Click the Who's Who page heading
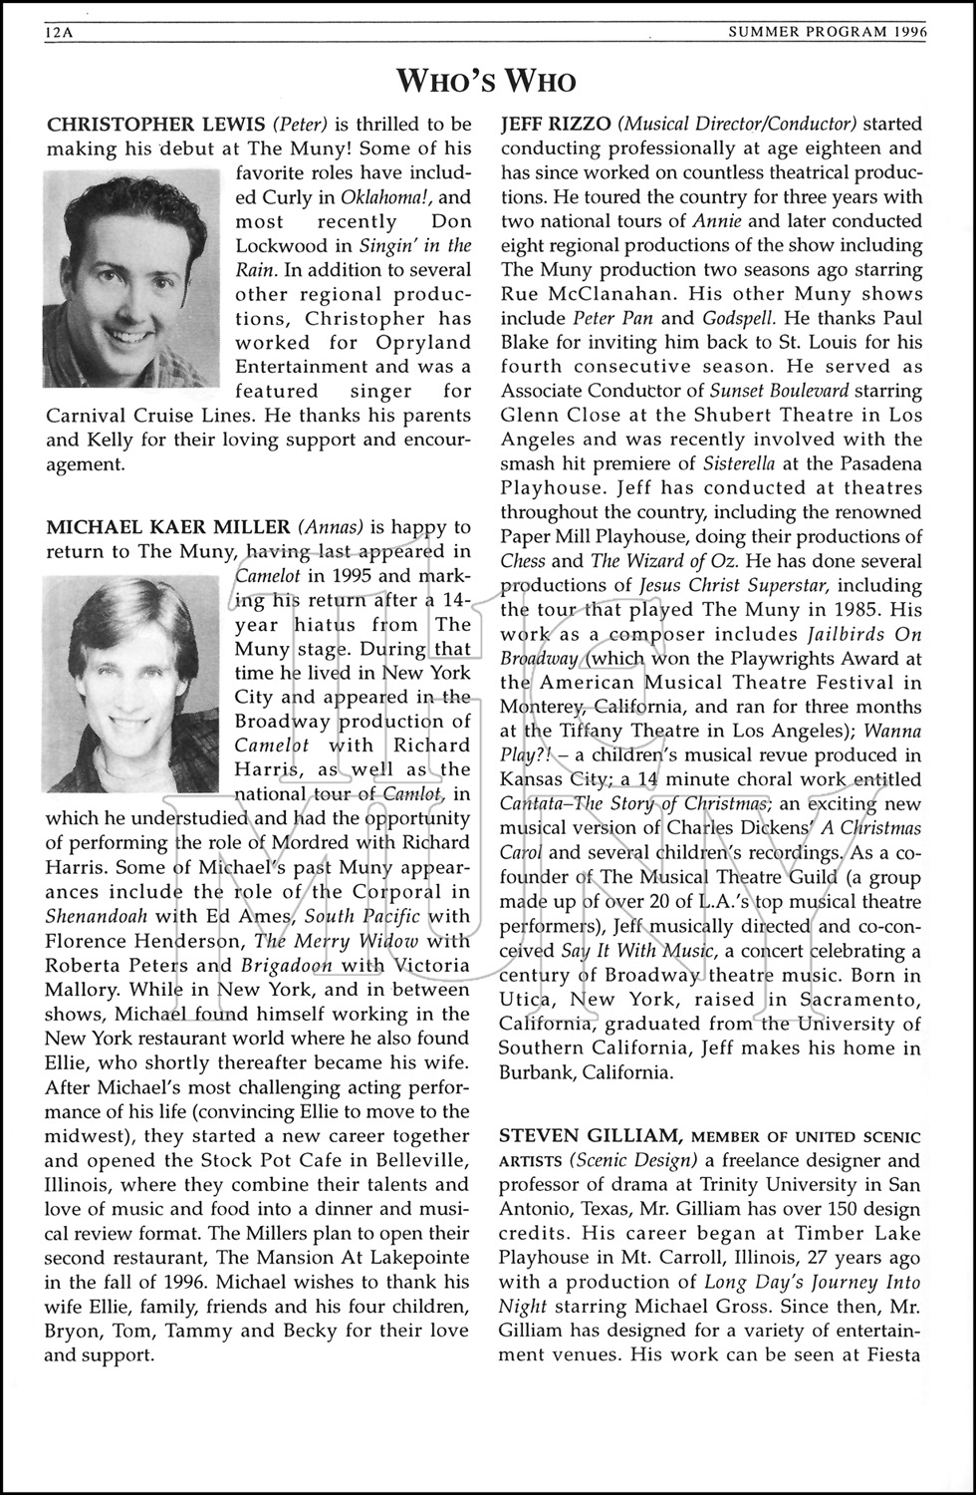(486, 80)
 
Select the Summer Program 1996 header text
(828, 32)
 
